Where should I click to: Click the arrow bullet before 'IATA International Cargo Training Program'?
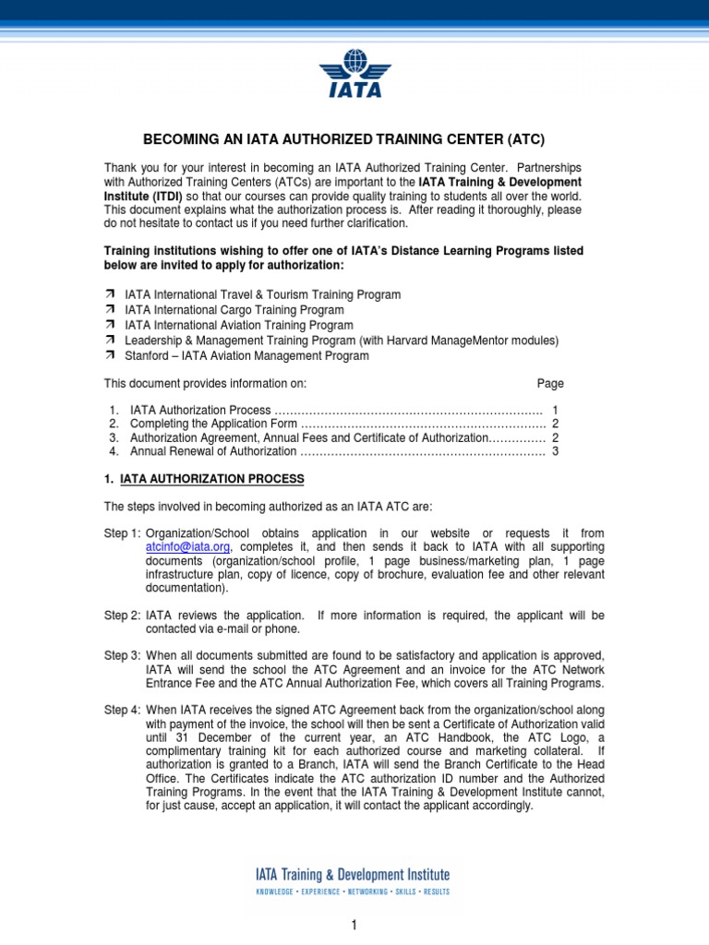coord(108,310)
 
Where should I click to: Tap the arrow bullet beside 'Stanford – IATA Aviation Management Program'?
coord(108,355)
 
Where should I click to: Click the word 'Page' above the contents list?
coord(550,384)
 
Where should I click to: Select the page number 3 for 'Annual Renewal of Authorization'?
coord(555,451)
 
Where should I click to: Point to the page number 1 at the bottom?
coord(354,926)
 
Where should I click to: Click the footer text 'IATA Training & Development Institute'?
coord(353,874)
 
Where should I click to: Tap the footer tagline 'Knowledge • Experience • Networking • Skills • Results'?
coord(353,892)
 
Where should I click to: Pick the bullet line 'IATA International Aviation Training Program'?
coord(239,325)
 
